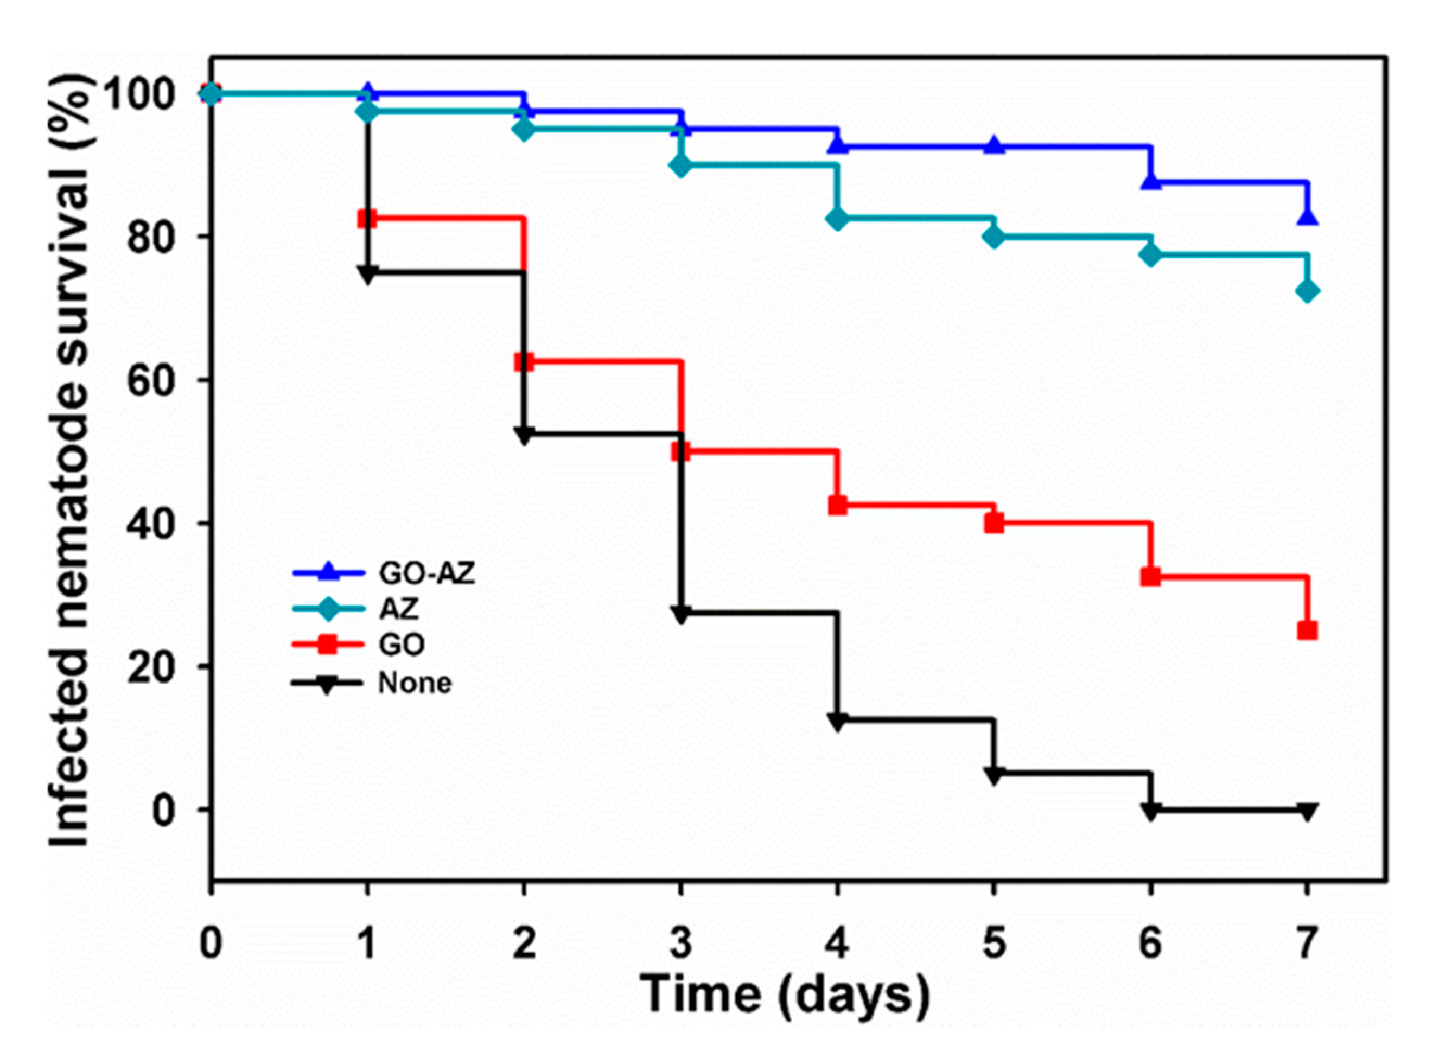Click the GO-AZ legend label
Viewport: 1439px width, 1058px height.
tap(426, 573)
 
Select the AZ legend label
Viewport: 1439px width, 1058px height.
tap(398, 608)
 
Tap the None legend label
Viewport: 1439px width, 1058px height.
tap(415, 683)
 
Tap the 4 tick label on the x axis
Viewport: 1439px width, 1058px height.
tap(836, 944)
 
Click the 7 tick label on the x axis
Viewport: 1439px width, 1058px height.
tap(1307, 944)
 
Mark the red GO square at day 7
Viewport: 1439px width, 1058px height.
tap(1307, 631)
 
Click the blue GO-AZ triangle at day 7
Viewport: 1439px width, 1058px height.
tap(1307, 216)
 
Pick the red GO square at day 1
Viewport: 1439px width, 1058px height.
tap(366, 219)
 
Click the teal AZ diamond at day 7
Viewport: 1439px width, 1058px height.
tap(1307, 291)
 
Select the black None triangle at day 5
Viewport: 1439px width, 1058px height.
tap(994, 775)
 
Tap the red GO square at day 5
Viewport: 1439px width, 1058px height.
tap(994, 522)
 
